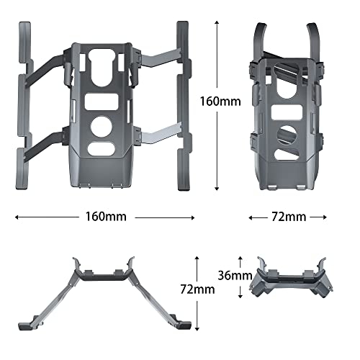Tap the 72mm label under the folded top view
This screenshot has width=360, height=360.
pos(287,217)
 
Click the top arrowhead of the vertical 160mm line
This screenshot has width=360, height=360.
pos(217,22)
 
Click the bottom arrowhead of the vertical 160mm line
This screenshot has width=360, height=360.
pos(217,190)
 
